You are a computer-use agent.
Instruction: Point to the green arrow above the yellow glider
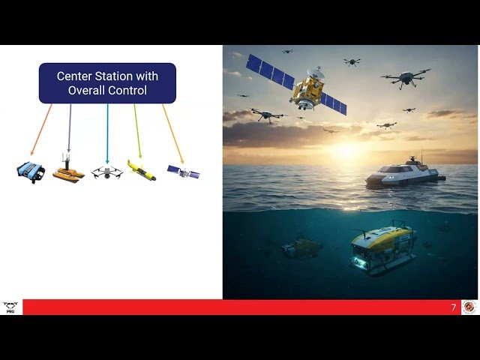pyautogui.click(x=137, y=131)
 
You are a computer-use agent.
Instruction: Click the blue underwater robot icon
pyautogui.click(x=31, y=172)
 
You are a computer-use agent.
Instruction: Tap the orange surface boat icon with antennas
pyautogui.click(x=68, y=173)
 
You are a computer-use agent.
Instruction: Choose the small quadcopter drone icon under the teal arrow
pyautogui.click(x=107, y=172)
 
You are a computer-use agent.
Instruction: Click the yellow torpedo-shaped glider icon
pyautogui.click(x=141, y=171)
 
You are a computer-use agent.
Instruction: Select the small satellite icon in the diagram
pyautogui.click(x=183, y=172)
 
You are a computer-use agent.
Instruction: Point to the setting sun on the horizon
pyautogui.click(x=347, y=150)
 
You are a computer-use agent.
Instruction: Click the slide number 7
pyautogui.click(x=453, y=307)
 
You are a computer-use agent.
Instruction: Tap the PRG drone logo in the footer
pyautogui.click(x=10, y=307)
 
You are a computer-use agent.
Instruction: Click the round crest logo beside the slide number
pyautogui.click(x=469, y=307)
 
